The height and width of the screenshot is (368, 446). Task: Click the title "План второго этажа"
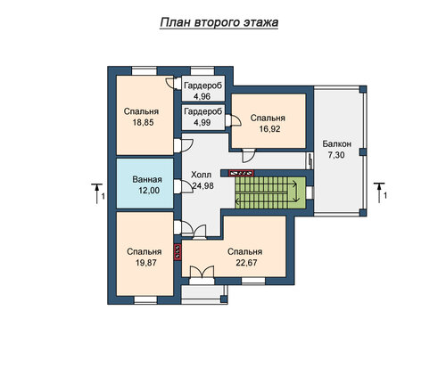tap(219, 22)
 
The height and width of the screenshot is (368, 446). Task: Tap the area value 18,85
tap(144, 122)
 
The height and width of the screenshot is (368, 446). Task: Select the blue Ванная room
tap(145, 183)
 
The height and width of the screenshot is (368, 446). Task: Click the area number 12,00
tap(149, 191)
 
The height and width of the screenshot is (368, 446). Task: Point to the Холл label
tap(201, 175)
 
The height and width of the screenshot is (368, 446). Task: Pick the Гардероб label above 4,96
tap(203, 86)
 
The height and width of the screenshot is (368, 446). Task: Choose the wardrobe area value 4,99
tap(202, 122)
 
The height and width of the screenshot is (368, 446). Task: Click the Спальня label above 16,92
tap(268, 118)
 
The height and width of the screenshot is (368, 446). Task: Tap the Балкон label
tap(337, 144)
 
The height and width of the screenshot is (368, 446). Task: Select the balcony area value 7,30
tap(336, 155)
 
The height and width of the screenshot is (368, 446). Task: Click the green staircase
tap(270, 192)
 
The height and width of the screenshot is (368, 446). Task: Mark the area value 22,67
tap(246, 263)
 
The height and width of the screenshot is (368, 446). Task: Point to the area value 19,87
tap(146, 263)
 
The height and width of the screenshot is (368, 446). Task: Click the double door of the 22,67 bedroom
tap(202, 272)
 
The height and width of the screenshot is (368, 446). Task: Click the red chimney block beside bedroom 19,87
tap(178, 252)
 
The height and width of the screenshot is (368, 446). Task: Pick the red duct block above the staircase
tap(241, 173)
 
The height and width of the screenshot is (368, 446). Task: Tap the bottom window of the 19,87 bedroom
tap(145, 300)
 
